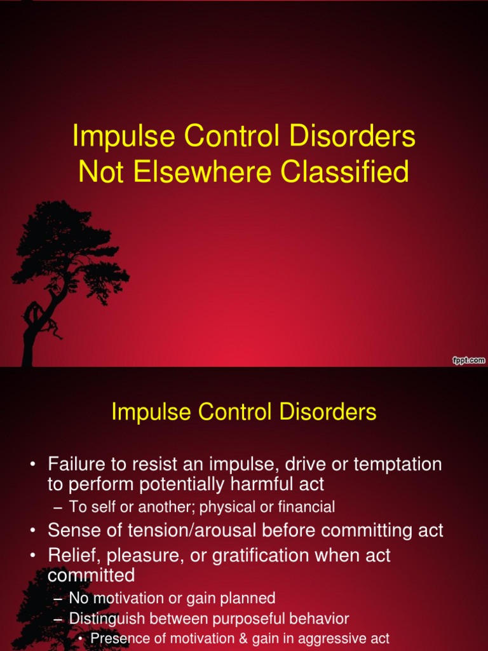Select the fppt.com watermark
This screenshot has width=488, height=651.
pyautogui.click(x=468, y=360)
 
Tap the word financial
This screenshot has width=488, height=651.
pyautogui.click(x=303, y=507)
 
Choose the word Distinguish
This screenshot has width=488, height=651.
pyautogui.click(x=106, y=618)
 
